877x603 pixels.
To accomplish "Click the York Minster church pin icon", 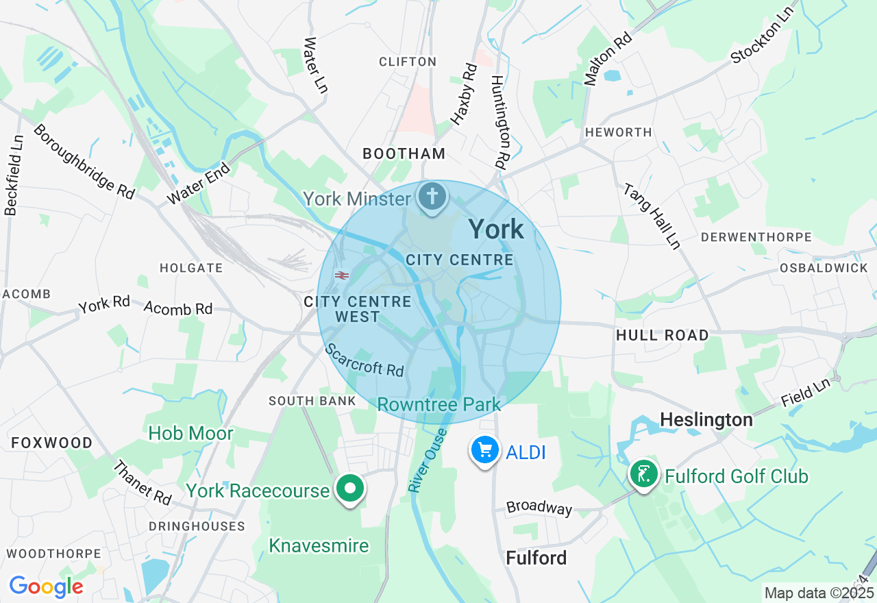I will (432, 197).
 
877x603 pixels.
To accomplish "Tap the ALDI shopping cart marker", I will (485, 451).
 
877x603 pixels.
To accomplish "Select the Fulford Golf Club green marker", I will (643, 474).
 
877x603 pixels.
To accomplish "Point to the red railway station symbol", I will (342, 275).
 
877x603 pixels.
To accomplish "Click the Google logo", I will (46, 587).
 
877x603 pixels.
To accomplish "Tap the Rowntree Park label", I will (439, 404).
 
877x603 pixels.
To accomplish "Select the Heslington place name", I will (706, 419).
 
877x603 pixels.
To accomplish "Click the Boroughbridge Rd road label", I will (84, 162).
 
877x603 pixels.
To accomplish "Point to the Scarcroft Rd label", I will (365, 360).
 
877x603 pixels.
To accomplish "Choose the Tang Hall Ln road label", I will (651, 216).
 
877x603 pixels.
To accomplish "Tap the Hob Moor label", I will (190, 433).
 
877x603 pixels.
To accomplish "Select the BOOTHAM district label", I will (404, 153).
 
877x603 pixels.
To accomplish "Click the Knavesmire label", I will (319, 545).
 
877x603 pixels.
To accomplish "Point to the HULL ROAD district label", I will (662, 335).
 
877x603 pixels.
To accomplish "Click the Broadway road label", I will (539, 508).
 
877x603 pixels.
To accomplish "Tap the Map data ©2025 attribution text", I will (819, 593).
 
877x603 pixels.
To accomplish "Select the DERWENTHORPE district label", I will (756, 237).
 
